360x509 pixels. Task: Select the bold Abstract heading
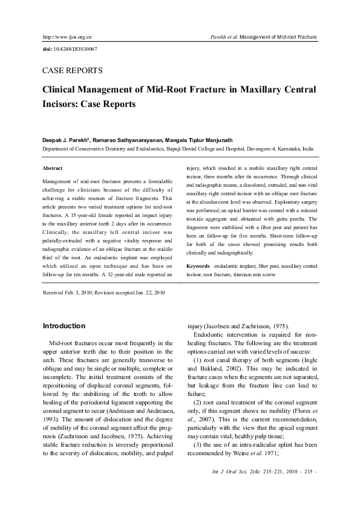52,168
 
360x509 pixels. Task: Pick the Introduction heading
64,326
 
